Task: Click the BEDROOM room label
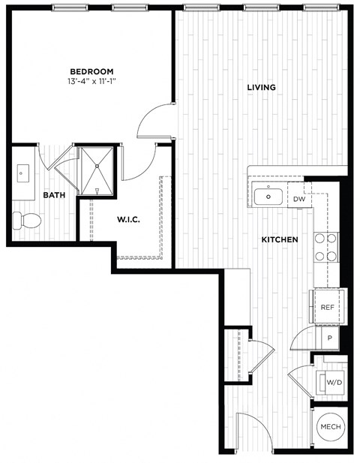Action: click(x=91, y=71)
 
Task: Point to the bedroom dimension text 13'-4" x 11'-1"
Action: click(x=91, y=82)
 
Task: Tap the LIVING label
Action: click(x=261, y=88)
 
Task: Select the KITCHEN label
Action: click(x=280, y=239)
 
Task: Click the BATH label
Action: click(x=53, y=195)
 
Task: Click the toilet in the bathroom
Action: click(x=28, y=220)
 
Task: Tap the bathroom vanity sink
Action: click(x=22, y=175)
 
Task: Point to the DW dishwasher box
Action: click(x=298, y=199)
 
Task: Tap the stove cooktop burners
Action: click(x=325, y=248)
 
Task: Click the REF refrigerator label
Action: click(x=327, y=308)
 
